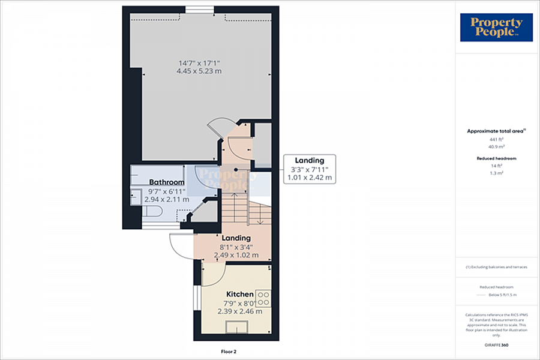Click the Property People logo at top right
coord(496,28)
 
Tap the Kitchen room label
coord(239,295)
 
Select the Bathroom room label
coord(167,182)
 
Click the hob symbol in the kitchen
coord(263,298)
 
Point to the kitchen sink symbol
coord(236,326)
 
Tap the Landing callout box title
coord(310,160)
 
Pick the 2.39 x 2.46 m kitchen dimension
coord(239,311)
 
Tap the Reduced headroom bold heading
coord(496,158)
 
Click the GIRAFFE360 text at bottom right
coord(496,345)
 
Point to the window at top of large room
coord(199,9)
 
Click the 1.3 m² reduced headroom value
coord(496,172)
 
